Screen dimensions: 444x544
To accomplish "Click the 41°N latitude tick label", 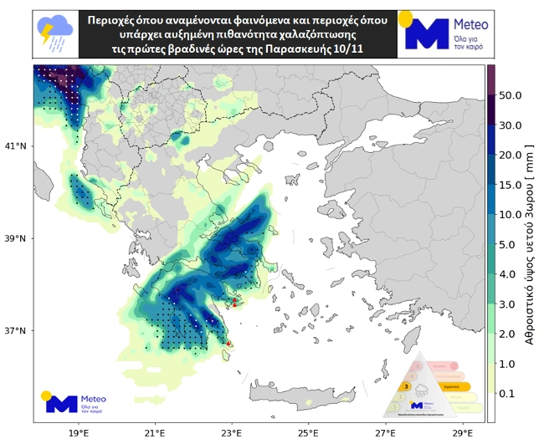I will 15,146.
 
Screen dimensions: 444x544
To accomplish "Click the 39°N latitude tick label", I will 15,238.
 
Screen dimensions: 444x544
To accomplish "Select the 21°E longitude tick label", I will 155,435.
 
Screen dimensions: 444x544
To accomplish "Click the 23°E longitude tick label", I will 231,435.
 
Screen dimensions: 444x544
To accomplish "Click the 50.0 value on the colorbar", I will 511,95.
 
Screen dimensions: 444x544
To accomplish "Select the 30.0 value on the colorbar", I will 511,125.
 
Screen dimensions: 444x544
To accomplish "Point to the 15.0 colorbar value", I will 511,185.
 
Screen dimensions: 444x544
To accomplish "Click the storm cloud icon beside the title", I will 55,32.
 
